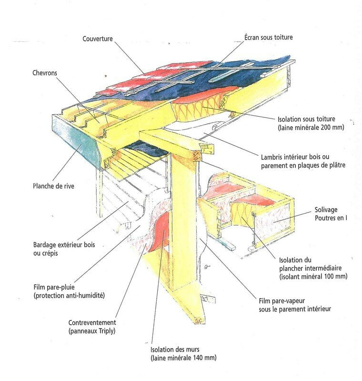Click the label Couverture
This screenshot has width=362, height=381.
click(98, 39)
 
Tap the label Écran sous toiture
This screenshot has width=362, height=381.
click(269, 37)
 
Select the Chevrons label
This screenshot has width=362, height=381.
click(45, 73)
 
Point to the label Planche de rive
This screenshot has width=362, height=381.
click(53, 186)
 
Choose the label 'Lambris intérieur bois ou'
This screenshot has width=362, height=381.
click(295, 157)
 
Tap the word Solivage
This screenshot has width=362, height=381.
click(326, 210)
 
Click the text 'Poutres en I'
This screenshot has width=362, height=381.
click(331, 218)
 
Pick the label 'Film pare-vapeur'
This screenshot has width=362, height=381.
click(282, 301)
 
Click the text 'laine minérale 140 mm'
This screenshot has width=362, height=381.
click(183, 358)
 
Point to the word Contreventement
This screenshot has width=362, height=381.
click(92, 323)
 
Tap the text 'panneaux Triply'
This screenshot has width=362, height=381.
click(92, 331)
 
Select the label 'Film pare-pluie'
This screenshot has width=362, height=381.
click(54, 287)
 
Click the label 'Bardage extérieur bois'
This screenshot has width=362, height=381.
click(64, 245)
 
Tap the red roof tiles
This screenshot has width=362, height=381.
click(148, 78)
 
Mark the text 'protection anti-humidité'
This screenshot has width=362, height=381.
click(69, 296)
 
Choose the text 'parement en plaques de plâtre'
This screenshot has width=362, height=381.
click(303, 165)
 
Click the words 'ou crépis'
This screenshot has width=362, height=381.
click(45, 253)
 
